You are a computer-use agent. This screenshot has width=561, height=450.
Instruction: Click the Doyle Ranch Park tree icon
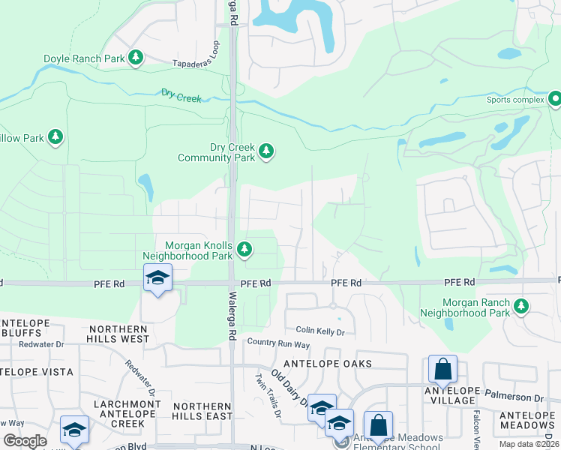click(x=136, y=58)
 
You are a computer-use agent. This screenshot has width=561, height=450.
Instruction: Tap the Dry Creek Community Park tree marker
click(x=265, y=152)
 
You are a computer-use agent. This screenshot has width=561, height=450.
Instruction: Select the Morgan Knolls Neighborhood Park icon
click(x=244, y=248)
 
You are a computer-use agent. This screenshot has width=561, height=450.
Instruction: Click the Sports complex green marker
click(x=554, y=99)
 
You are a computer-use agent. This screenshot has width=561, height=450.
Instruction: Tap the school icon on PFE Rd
click(x=157, y=279)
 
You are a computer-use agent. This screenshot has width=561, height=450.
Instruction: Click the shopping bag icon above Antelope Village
click(x=442, y=370)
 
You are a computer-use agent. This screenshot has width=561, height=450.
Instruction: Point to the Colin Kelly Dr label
click(x=319, y=331)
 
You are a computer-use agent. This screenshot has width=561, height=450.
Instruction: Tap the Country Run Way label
click(x=278, y=344)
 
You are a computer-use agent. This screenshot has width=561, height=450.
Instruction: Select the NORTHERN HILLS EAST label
click(x=202, y=410)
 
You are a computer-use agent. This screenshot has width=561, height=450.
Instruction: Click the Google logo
click(x=25, y=440)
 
